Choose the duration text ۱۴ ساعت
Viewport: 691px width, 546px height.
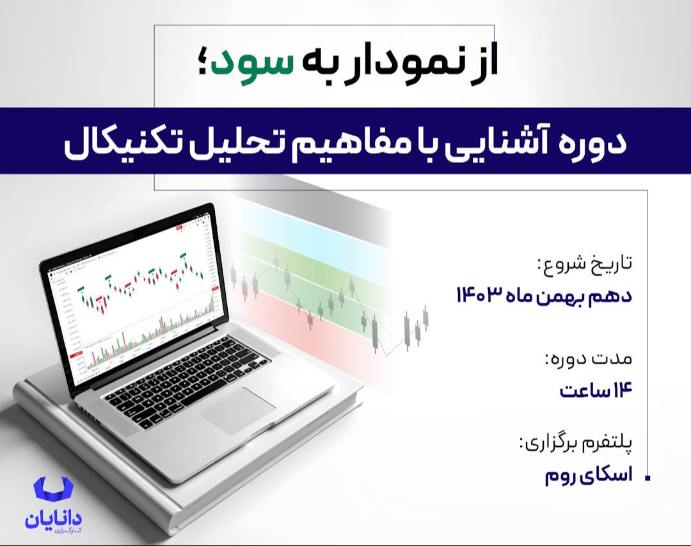click(596, 389)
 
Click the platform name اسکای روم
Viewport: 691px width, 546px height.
click(587, 476)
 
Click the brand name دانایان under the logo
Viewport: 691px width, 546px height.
click(54, 519)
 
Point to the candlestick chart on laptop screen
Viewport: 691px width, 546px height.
click(138, 288)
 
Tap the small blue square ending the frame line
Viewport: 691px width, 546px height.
click(649, 478)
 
